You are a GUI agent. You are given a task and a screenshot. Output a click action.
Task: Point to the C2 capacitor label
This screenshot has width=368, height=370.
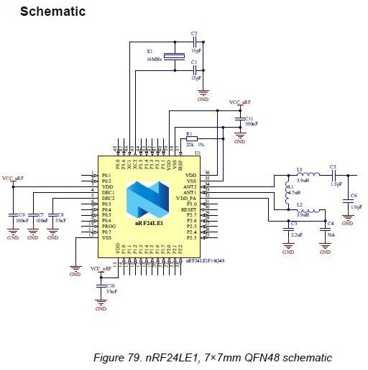(x=194, y=34)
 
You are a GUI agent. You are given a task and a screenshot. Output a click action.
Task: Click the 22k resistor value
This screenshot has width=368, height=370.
(x=190, y=146)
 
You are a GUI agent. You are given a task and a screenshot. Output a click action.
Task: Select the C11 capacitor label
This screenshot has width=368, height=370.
(x=249, y=118)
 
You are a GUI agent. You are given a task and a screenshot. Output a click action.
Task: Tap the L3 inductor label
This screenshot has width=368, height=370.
(x=300, y=169)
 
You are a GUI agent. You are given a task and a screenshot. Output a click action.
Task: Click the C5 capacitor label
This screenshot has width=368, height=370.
(x=333, y=168)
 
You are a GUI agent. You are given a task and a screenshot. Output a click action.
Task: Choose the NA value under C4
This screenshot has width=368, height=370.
(x=330, y=234)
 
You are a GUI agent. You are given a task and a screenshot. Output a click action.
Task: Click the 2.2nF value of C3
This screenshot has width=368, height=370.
(x=297, y=234)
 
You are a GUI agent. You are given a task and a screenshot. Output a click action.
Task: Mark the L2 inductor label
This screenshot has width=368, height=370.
(x=299, y=205)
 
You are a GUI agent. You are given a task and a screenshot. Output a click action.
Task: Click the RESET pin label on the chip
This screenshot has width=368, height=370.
(x=189, y=209)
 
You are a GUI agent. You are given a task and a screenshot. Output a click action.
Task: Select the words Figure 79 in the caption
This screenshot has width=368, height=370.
(x=120, y=357)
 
